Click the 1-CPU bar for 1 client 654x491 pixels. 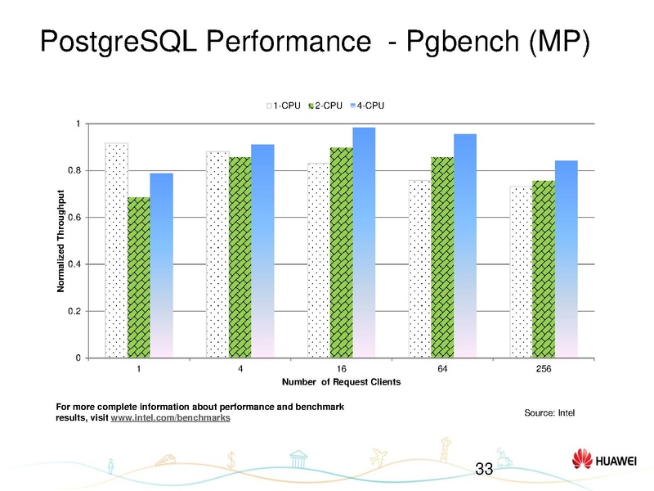tap(117, 250)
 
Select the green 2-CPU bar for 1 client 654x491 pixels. tap(139, 277)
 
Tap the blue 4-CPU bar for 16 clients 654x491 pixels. tap(364, 242)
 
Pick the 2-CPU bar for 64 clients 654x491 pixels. tap(442, 257)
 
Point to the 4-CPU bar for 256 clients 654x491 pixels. tap(566, 259)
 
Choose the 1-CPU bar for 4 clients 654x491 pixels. tap(217, 255)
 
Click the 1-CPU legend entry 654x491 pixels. tap(284, 106)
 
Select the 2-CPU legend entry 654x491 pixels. tap(325, 106)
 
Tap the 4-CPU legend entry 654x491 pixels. tap(367, 106)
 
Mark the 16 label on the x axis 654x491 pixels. tap(341, 369)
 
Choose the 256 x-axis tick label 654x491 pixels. tap(544, 369)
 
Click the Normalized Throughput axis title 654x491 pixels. tap(62, 241)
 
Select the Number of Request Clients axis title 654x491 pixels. tap(341, 383)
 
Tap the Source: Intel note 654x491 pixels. tap(549, 412)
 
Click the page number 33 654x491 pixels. tap(484, 469)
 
